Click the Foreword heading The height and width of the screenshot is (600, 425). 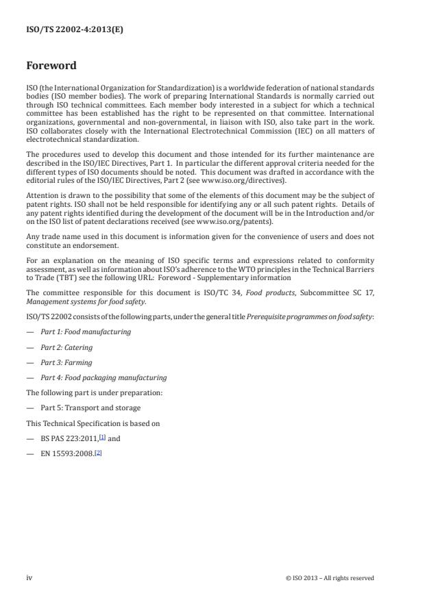click(51, 66)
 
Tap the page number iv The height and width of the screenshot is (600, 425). click(29, 577)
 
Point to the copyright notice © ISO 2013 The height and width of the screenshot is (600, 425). click(330, 578)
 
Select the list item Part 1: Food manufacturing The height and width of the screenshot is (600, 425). click(85, 332)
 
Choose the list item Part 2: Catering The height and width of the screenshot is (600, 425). click(66, 347)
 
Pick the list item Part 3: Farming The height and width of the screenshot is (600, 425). click(66, 362)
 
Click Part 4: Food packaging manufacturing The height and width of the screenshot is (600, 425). click(103, 377)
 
